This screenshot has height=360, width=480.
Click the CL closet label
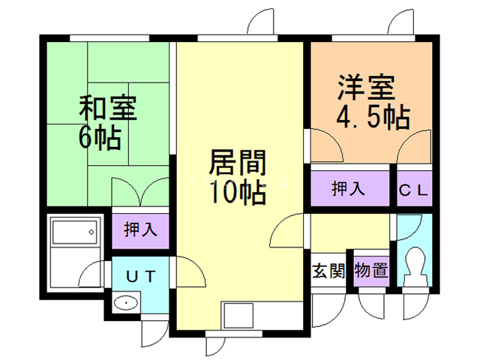pyautogui.click(x=413, y=189)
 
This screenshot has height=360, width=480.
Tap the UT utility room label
pyautogui.click(x=140, y=276)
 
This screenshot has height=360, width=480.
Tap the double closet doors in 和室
pyautogui.click(x=139, y=192)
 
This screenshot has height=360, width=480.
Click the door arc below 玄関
pyautogui.click(x=326, y=307)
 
